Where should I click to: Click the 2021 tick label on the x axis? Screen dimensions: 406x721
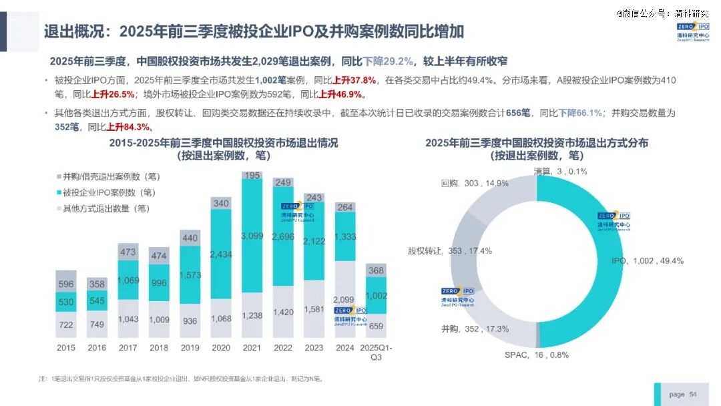pos(252,348)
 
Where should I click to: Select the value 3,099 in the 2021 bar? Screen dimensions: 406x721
pos(252,236)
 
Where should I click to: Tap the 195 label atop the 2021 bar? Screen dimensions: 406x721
pos(252,175)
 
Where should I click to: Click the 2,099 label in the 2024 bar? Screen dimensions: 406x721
pos(344,300)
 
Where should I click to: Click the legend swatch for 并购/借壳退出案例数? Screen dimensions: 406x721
pos(58,177)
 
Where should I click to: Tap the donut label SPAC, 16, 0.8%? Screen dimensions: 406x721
pos(537,355)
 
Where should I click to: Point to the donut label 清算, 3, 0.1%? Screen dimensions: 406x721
pos(560,172)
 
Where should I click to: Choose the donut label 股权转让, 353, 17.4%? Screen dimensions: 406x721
pos(450,251)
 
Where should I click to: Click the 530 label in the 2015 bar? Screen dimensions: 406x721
pos(66,302)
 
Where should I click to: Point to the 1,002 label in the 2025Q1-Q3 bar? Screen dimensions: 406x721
pos(376,296)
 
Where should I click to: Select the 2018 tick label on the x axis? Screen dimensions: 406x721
pos(159,348)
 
